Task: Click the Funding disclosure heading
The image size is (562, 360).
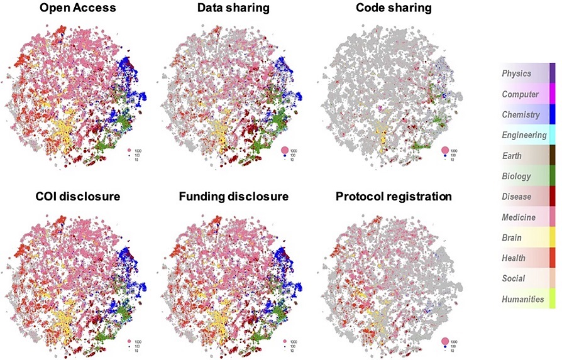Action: click(233, 197)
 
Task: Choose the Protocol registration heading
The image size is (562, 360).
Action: click(394, 197)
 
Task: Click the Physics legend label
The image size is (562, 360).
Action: click(516, 74)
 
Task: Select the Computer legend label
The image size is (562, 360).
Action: click(520, 94)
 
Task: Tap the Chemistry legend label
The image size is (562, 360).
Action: click(521, 114)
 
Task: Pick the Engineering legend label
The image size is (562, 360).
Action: click(524, 135)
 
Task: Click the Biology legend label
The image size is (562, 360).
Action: click(516, 177)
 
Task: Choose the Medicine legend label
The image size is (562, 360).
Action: click(519, 217)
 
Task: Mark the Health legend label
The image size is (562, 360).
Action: click(514, 258)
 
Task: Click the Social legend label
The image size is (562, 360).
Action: click(514, 278)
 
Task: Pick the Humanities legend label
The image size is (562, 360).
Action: click(522, 299)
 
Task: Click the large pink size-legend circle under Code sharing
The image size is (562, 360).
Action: click(445, 150)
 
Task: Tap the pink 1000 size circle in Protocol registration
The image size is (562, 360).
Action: click(445, 341)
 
